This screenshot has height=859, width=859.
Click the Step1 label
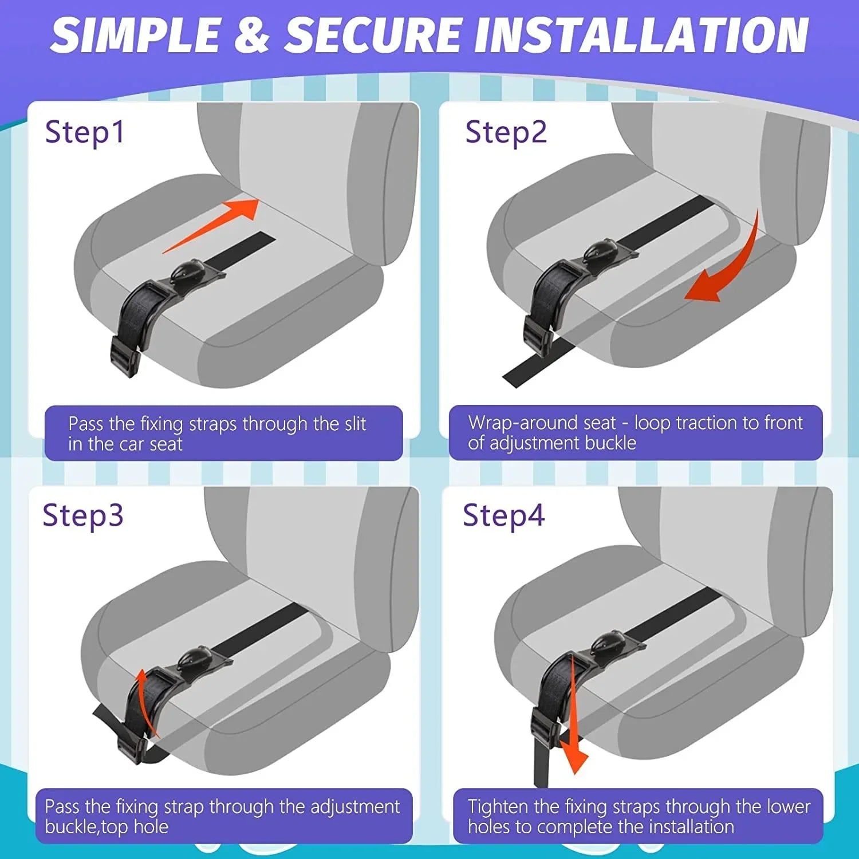[85, 132]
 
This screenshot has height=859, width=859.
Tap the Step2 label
[506, 132]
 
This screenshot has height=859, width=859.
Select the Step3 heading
[83, 515]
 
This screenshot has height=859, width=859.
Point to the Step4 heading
[503, 515]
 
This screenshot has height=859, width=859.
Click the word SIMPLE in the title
[135, 36]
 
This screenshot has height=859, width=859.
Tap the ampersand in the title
[252, 36]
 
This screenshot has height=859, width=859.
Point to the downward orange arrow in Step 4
[573, 744]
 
